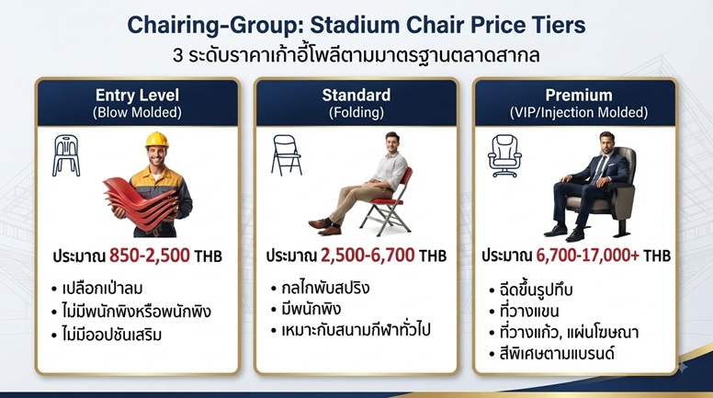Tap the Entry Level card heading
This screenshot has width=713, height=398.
pyautogui.click(x=137, y=95)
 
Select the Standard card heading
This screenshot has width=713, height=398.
pyautogui.click(x=356, y=95)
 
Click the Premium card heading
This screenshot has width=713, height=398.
pyautogui.click(x=579, y=95)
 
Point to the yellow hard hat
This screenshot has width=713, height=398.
pyautogui.click(x=157, y=140)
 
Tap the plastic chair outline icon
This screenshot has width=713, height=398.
pyautogui.click(x=66, y=155)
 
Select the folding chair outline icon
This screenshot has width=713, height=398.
pyautogui.click(x=287, y=155)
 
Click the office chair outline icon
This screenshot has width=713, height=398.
pyautogui.click(x=504, y=156)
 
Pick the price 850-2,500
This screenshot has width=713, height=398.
pyautogui.click(x=150, y=256)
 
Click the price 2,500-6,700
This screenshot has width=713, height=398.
pyautogui.click(x=368, y=256)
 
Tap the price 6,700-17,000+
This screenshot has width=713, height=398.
pyautogui.click(x=587, y=256)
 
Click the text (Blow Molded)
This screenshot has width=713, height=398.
pyautogui.click(x=137, y=112)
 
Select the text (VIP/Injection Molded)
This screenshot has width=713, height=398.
pyautogui.click(x=579, y=112)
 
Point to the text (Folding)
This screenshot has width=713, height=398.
pyautogui.click(x=356, y=112)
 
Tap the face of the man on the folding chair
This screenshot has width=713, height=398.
pyautogui.click(x=391, y=142)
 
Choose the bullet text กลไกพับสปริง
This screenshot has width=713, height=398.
pyautogui.click(x=325, y=288)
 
